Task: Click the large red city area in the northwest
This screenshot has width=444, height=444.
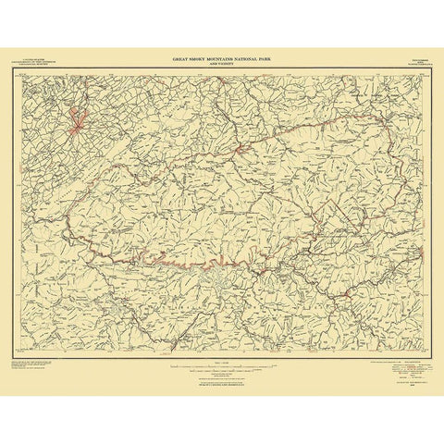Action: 77,118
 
